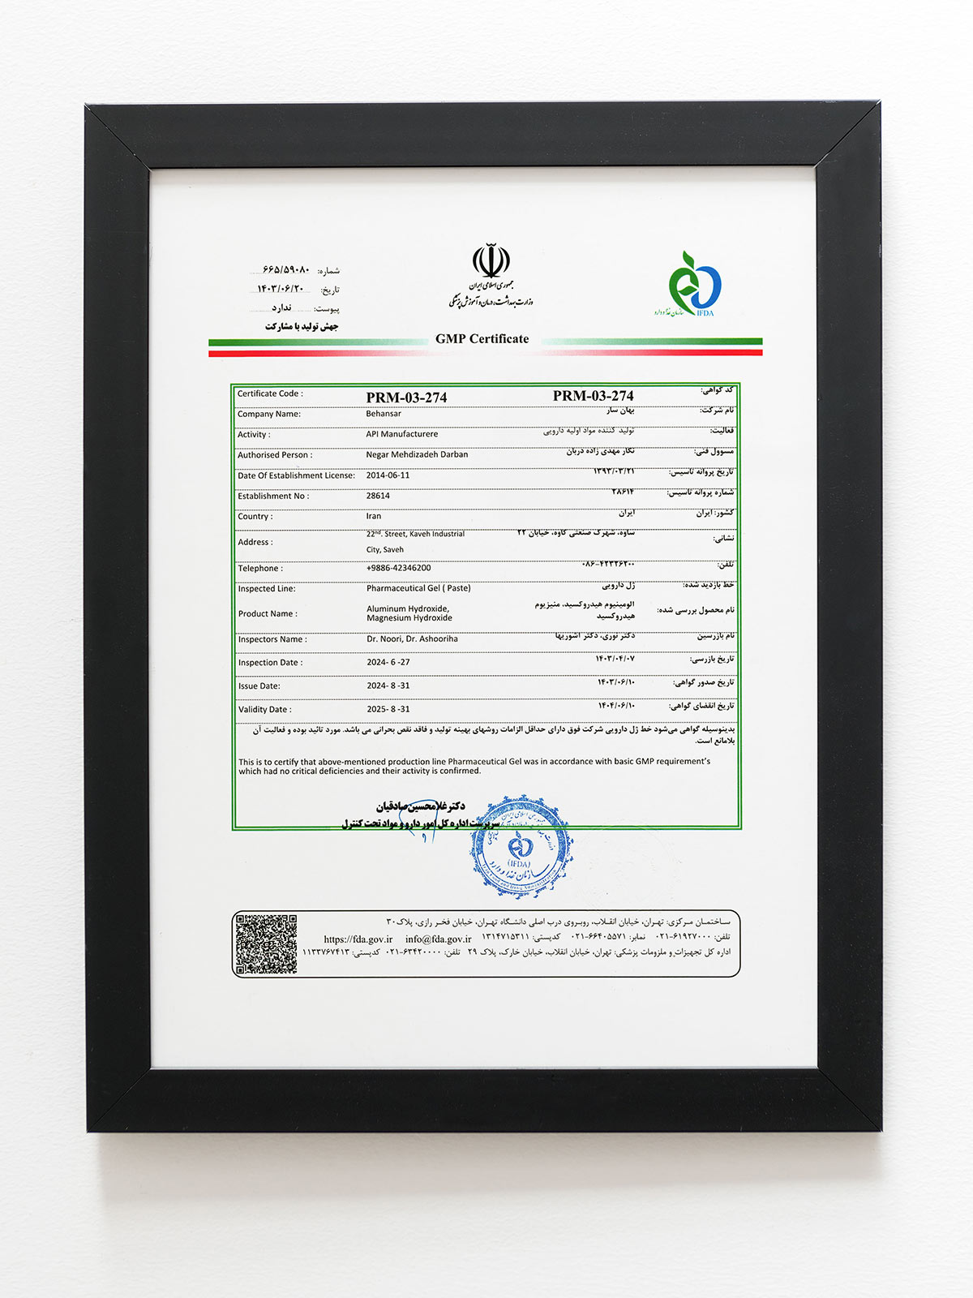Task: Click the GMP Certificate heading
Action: [x=482, y=339]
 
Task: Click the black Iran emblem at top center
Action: [x=491, y=264]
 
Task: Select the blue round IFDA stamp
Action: [x=520, y=846]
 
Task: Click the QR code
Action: [x=266, y=943]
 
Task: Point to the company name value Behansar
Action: [x=384, y=414]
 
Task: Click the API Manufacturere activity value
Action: [x=401, y=434]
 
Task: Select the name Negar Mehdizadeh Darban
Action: [x=417, y=455]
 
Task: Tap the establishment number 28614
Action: [x=378, y=496]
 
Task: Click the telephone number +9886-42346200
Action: [x=398, y=568]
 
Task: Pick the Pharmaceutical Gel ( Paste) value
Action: [x=418, y=588]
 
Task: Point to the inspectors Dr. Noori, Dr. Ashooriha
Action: [x=412, y=639]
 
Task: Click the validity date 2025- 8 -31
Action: [x=388, y=709]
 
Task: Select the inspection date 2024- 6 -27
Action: [x=388, y=662]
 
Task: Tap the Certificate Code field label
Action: [x=270, y=393]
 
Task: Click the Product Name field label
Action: [x=268, y=614]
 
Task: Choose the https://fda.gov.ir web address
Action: [x=358, y=939]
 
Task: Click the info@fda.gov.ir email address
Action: [x=438, y=939]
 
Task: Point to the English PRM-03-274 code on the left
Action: [x=406, y=398]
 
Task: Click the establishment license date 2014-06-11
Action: [x=388, y=475]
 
